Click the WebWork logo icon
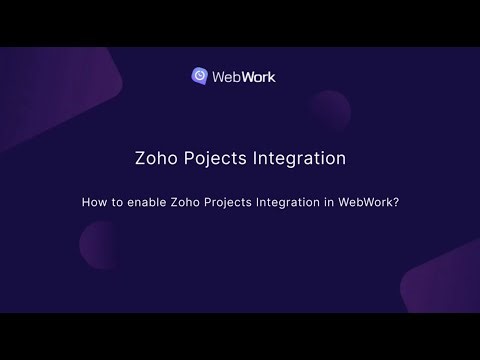[201, 75]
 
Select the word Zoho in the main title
[156, 158]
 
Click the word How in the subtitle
[92, 200]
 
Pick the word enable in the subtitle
[146, 200]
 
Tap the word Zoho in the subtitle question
[189, 200]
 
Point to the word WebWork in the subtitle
[369, 200]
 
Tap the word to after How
[115, 200]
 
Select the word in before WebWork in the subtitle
[340, 200]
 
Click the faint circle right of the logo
[329, 107]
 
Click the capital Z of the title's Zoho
[140, 158]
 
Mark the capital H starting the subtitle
[86, 200]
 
